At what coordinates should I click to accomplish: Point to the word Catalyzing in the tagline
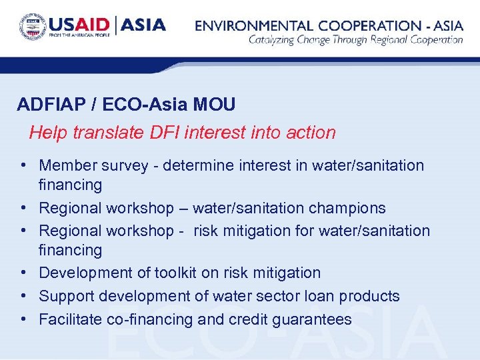274,40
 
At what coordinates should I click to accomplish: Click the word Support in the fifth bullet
65,297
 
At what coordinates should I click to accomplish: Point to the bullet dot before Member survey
23,165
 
